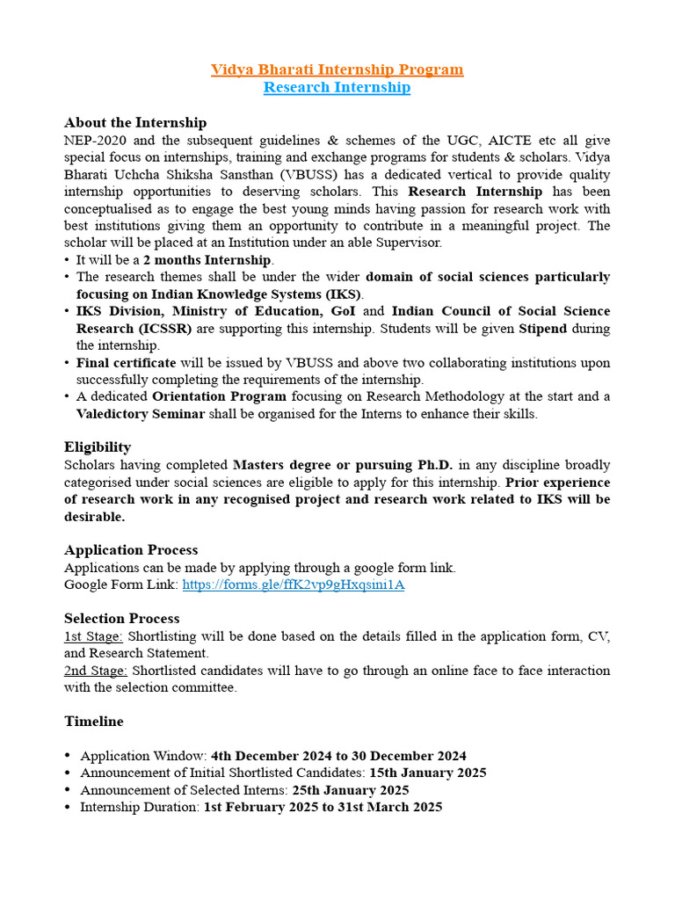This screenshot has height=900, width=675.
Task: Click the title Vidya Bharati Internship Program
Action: tap(337, 69)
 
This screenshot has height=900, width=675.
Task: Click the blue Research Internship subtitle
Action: tap(337, 87)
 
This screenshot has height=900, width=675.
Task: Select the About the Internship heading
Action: tap(135, 122)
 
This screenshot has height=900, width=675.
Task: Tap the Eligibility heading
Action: tap(98, 446)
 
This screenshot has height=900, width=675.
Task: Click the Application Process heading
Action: tap(131, 549)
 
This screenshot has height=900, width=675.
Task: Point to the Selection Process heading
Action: tap(121, 618)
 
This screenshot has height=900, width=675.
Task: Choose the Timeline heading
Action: tap(94, 721)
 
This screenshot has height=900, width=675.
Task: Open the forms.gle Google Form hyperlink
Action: tap(293, 584)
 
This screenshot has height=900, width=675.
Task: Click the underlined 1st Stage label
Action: tap(93, 635)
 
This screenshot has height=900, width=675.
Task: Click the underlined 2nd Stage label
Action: tap(95, 670)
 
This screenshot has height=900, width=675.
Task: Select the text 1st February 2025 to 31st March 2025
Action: tap(323, 807)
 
